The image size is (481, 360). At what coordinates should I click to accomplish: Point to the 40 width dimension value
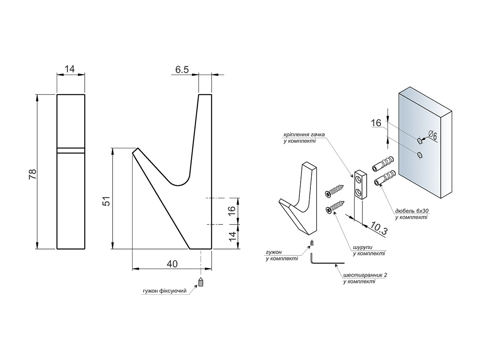point(172,264)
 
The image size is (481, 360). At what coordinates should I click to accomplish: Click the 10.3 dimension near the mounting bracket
point(378,228)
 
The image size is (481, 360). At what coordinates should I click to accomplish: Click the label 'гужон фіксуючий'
point(165,291)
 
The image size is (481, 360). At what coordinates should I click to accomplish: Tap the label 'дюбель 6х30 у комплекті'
point(411,214)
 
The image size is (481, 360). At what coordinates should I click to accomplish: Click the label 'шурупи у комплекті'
point(369,251)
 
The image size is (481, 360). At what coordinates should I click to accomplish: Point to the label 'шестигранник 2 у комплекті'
point(365,278)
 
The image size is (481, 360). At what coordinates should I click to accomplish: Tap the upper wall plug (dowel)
point(384,164)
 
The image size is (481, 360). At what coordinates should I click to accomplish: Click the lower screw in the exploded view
point(334,208)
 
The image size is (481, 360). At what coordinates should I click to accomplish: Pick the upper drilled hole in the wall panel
point(420,140)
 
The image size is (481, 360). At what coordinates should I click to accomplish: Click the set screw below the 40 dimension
point(202,282)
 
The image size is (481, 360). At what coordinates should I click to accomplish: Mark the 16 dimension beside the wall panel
point(376,123)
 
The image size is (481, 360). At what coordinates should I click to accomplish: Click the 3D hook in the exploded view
point(303,199)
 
